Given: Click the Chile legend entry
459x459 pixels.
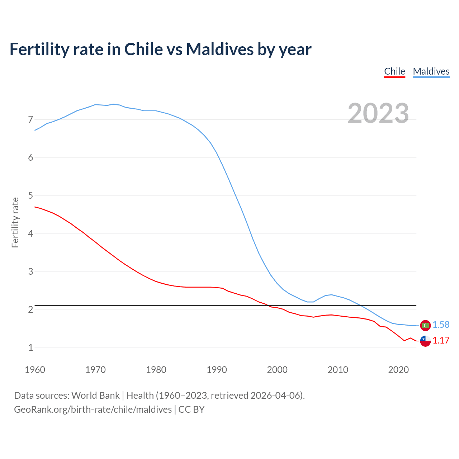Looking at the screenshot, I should click(394, 71).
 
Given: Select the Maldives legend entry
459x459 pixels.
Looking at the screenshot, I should click(431, 71).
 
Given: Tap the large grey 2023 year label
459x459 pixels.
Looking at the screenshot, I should click(378, 113).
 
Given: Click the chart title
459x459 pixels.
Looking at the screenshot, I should click(160, 49).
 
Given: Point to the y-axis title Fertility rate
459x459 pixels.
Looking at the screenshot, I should click(15, 222).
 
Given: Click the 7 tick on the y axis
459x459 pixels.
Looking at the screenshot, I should click(30, 119).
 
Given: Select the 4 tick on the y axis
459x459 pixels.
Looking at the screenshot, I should click(30, 233).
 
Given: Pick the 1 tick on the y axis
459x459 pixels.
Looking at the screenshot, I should click(30, 347).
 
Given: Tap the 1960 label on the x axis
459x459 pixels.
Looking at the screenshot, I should click(35, 370).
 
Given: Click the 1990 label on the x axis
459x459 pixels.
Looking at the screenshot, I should click(217, 370).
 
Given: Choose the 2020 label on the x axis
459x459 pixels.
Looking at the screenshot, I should click(398, 370).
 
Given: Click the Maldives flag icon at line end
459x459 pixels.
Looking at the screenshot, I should click(425, 325).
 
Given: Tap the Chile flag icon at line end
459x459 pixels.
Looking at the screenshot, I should click(425, 341).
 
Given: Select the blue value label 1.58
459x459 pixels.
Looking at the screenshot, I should click(441, 325).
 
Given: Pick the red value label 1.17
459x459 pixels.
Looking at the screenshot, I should click(441, 340).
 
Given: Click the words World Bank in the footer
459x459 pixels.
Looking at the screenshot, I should click(95, 395).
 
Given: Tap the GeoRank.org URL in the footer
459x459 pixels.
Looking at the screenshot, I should click(93, 409).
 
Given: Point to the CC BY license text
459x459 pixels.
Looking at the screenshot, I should click(191, 409).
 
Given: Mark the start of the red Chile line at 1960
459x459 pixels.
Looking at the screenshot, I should click(35, 207).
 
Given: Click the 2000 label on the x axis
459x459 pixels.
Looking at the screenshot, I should click(277, 370).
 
